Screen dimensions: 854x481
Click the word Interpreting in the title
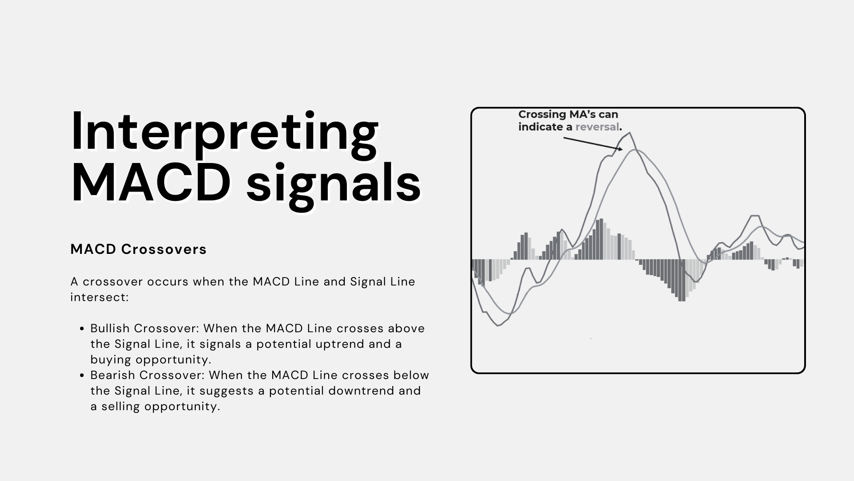coord(225,132)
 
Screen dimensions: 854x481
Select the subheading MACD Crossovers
coord(138,249)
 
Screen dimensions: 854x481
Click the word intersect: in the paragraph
coord(100,297)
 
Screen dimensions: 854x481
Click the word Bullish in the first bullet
coord(110,328)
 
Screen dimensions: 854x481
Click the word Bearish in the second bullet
coord(113,375)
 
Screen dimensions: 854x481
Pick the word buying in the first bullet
coord(111,360)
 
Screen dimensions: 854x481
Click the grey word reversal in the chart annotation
coord(597,127)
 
